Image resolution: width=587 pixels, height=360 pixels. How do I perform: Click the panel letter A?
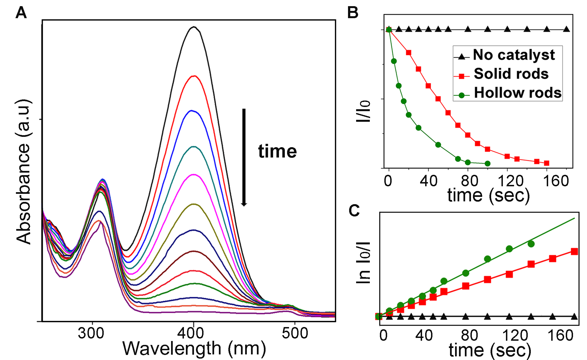point(21,13)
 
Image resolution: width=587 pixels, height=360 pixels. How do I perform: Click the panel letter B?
point(353,13)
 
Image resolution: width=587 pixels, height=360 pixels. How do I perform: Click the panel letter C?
point(354,210)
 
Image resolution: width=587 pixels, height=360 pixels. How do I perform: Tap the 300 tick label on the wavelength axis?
point(91,333)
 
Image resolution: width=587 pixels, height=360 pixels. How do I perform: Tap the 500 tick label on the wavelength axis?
point(295,333)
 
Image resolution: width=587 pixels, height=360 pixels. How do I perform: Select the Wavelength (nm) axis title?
point(194,349)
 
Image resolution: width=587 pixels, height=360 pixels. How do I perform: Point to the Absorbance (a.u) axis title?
point(23,172)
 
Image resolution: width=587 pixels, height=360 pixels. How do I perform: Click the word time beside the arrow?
point(277,151)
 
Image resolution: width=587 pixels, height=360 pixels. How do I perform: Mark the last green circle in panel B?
point(487,163)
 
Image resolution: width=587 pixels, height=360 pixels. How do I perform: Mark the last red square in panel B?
point(547,163)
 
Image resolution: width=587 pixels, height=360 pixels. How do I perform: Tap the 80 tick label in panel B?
point(469,181)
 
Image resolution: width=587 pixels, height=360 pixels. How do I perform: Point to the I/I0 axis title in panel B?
point(363,111)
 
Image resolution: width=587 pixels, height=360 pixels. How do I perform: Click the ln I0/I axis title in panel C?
point(363,263)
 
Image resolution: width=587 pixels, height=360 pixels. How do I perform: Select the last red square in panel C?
point(574,252)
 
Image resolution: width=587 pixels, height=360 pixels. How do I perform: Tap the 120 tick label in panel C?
point(515,335)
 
